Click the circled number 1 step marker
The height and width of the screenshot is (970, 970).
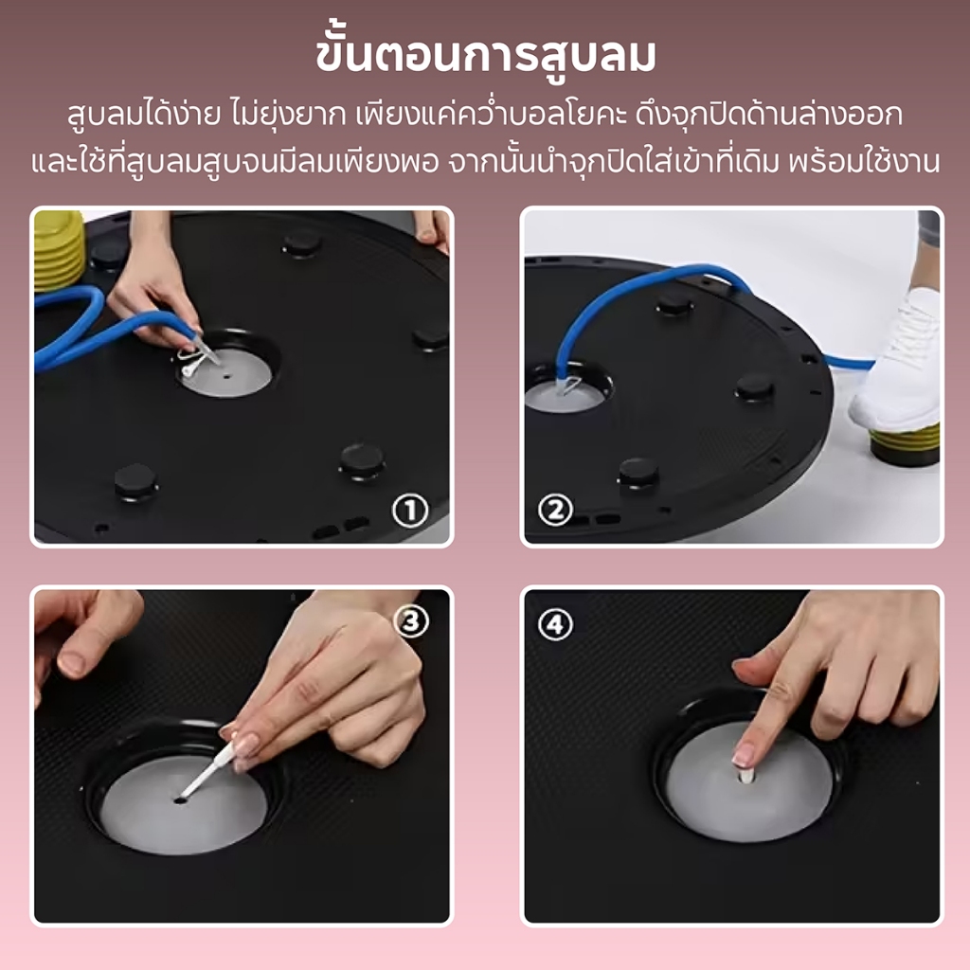coord(410,511)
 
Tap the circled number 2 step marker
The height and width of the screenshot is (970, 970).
coord(555,511)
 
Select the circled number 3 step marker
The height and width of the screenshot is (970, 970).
coord(411,620)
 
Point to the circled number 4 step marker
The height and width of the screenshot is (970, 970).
coord(555,624)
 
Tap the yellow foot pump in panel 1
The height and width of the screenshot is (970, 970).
coord(58,250)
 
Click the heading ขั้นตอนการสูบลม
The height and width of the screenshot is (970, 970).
coord(486,57)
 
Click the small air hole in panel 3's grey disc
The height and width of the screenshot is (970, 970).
coord(179,800)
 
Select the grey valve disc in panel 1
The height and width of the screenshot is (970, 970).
coord(226,372)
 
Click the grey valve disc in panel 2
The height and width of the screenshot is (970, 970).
coord(563,396)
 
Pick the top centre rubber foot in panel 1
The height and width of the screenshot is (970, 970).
coord(302,243)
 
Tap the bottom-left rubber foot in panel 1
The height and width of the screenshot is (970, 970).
coord(135,481)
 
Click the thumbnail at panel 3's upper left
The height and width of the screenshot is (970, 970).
coord(73,664)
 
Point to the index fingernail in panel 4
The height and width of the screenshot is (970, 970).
coord(742,755)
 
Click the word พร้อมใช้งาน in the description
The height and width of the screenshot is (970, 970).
coord(864,161)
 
